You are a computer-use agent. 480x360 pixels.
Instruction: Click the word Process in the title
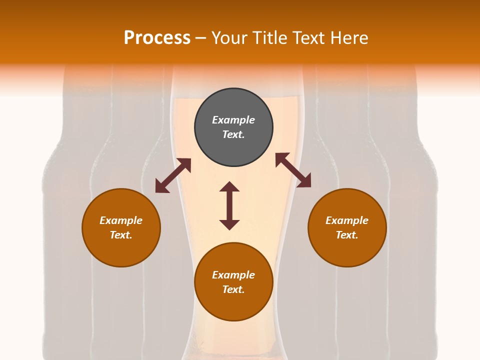tap(157, 38)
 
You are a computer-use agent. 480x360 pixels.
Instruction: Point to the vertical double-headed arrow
tap(229, 205)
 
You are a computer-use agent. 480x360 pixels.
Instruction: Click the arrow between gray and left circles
tap(173, 175)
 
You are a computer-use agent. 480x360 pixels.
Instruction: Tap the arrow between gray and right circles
tap(293, 170)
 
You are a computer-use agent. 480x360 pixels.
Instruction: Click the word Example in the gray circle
tap(233, 120)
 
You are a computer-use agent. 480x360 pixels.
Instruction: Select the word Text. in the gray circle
tap(233, 134)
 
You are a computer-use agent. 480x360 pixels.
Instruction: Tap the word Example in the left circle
tap(121, 220)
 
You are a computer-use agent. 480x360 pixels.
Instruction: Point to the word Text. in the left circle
tap(121, 235)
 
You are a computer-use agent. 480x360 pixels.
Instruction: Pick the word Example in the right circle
tap(347, 220)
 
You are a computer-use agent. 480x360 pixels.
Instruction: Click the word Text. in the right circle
tap(347, 235)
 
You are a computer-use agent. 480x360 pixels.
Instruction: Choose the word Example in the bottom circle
tap(233, 275)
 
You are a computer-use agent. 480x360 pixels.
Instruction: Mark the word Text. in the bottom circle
tap(233, 289)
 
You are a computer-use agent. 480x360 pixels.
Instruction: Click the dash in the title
tap(200, 38)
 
